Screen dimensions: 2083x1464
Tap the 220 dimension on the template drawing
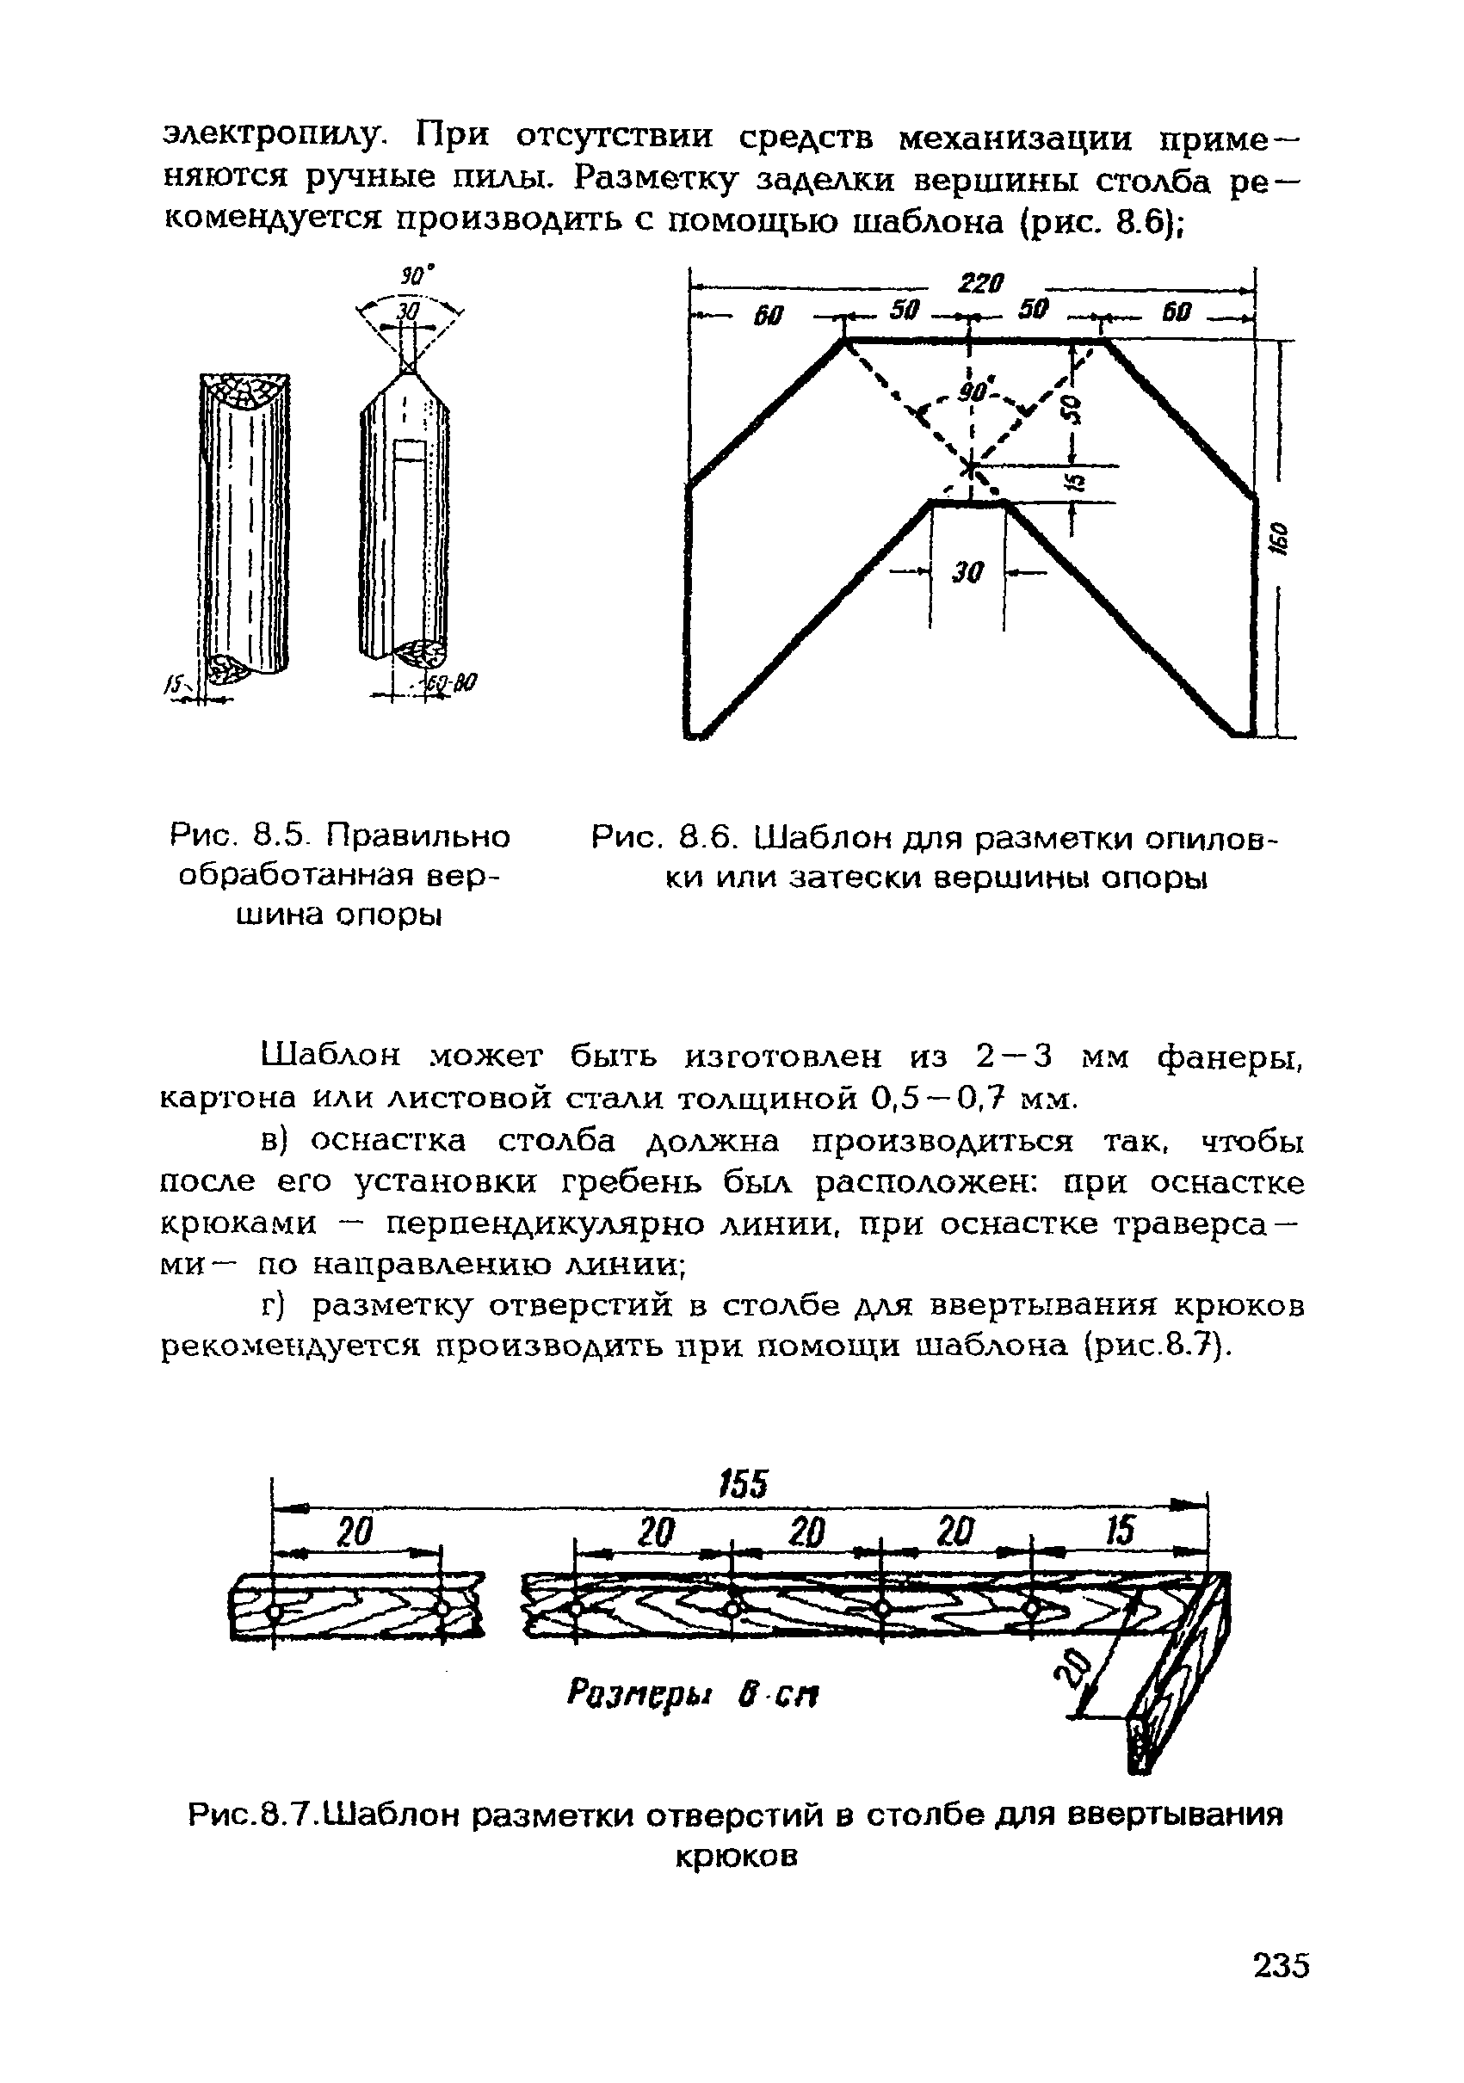click(x=980, y=284)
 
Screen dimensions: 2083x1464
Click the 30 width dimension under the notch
click(x=967, y=572)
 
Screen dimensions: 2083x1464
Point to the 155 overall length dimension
click(x=744, y=1485)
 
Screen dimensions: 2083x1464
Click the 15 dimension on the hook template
click(x=1120, y=1532)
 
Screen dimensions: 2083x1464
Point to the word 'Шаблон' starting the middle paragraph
click(x=330, y=1057)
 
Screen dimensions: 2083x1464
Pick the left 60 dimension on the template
click(x=768, y=317)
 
